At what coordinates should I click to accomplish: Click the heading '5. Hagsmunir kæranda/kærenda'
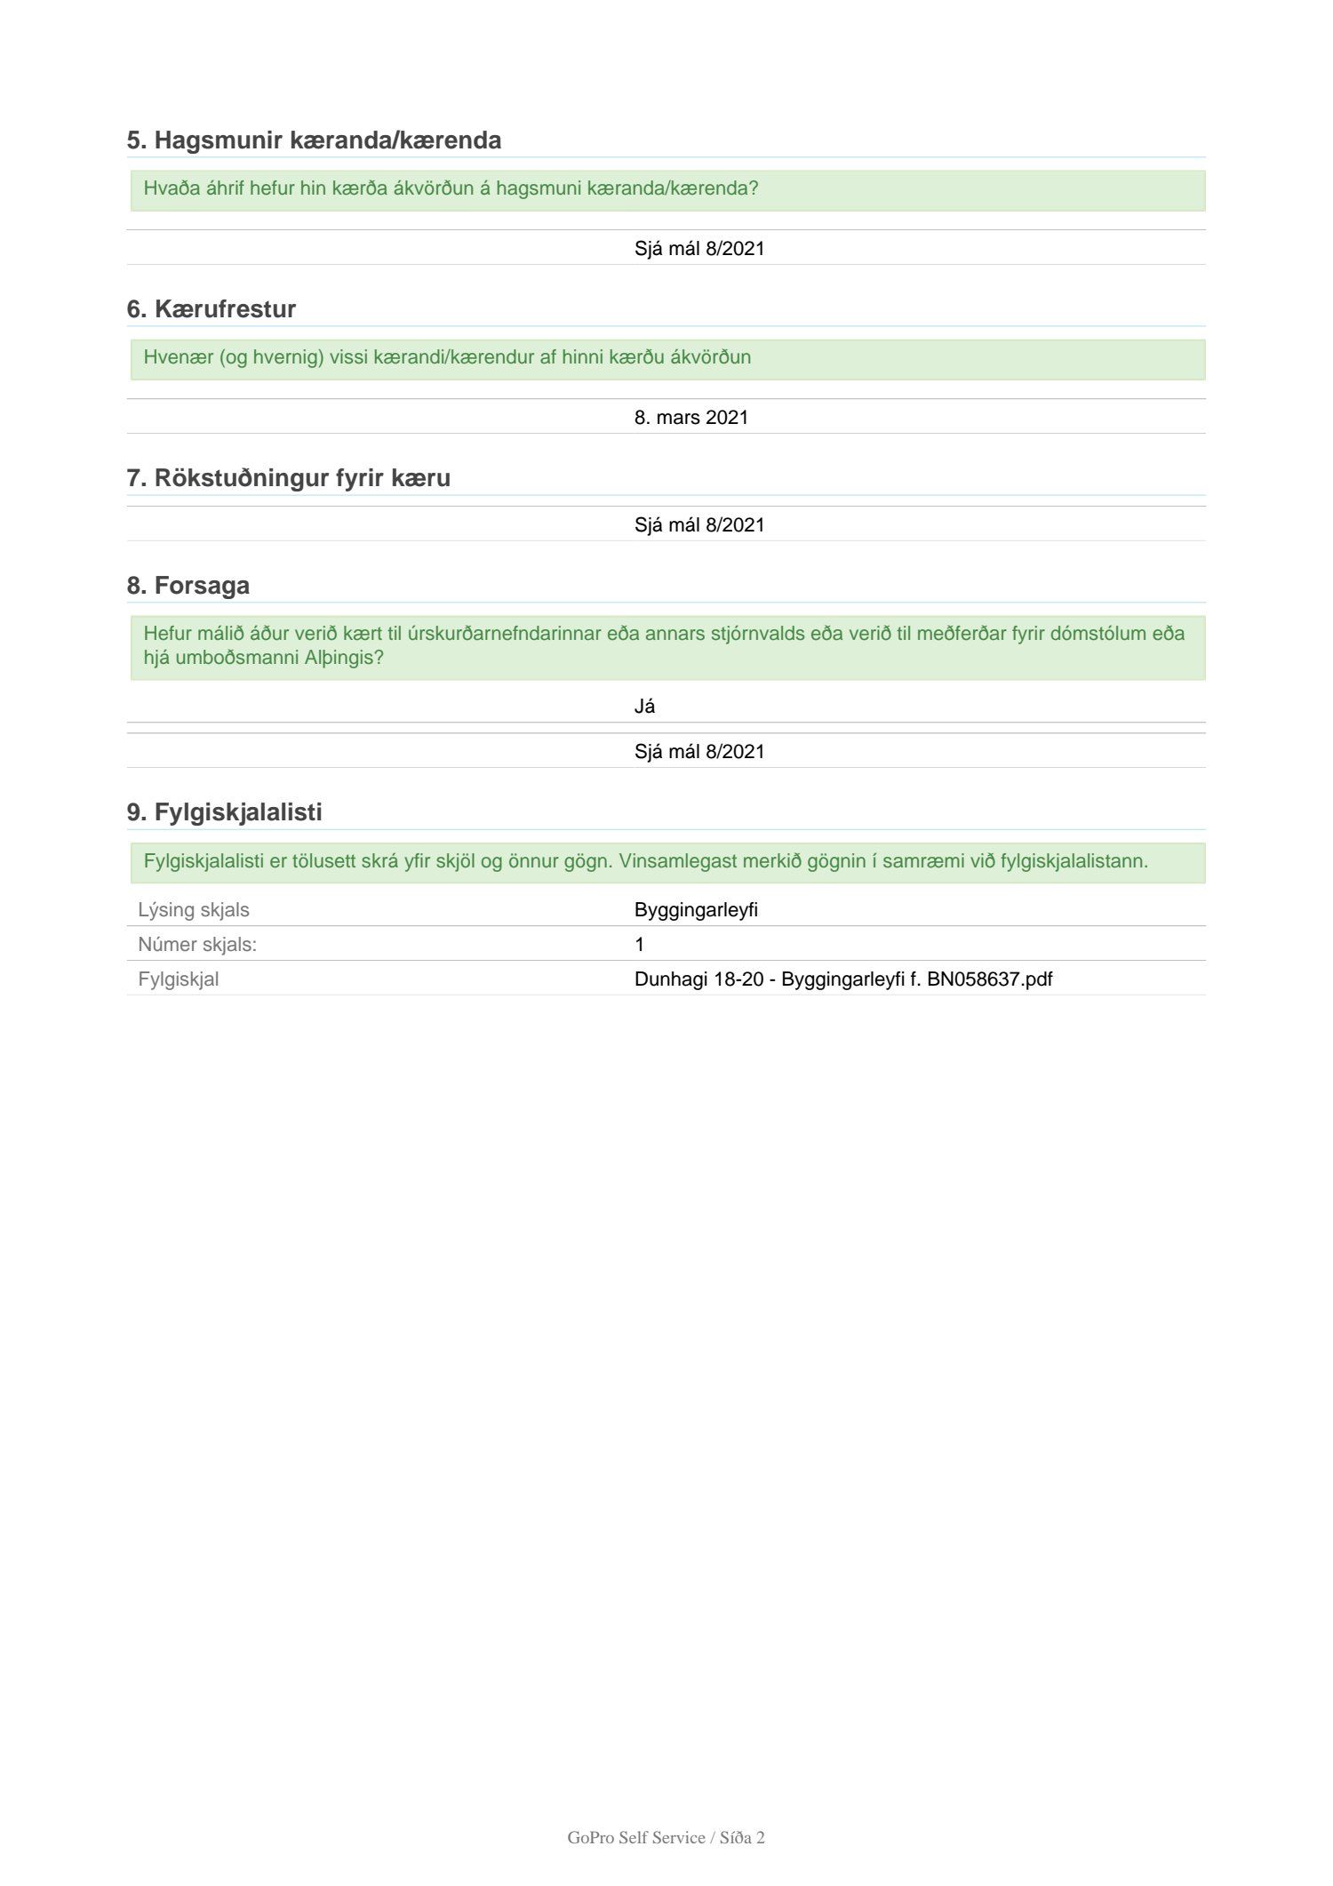(x=314, y=140)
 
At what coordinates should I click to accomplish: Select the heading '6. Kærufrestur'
(x=211, y=309)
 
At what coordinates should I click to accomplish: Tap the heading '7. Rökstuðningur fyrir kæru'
(x=288, y=478)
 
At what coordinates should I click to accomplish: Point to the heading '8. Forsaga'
(x=188, y=586)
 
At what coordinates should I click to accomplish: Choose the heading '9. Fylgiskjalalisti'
(x=224, y=812)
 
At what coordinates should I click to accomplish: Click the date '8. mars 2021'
(x=690, y=418)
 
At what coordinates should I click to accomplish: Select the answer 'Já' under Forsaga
(x=644, y=707)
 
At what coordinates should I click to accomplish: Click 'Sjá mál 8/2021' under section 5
(x=698, y=249)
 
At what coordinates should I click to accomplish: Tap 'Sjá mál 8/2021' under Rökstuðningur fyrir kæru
(x=698, y=525)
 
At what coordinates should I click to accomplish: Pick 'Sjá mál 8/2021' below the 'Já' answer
(x=698, y=752)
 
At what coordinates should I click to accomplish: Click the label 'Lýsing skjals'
(x=193, y=910)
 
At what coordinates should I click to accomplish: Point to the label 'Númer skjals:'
(x=196, y=945)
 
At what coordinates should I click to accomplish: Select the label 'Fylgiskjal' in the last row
(x=178, y=979)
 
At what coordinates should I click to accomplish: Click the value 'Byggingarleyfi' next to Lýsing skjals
(x=695, y=910)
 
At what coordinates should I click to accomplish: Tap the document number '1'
(x=639, y=945)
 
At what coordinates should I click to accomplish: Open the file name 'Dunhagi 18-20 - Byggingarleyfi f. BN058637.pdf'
(x=842, y=979)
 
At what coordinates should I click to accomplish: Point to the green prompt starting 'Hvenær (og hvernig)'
(x=447, y=357)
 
